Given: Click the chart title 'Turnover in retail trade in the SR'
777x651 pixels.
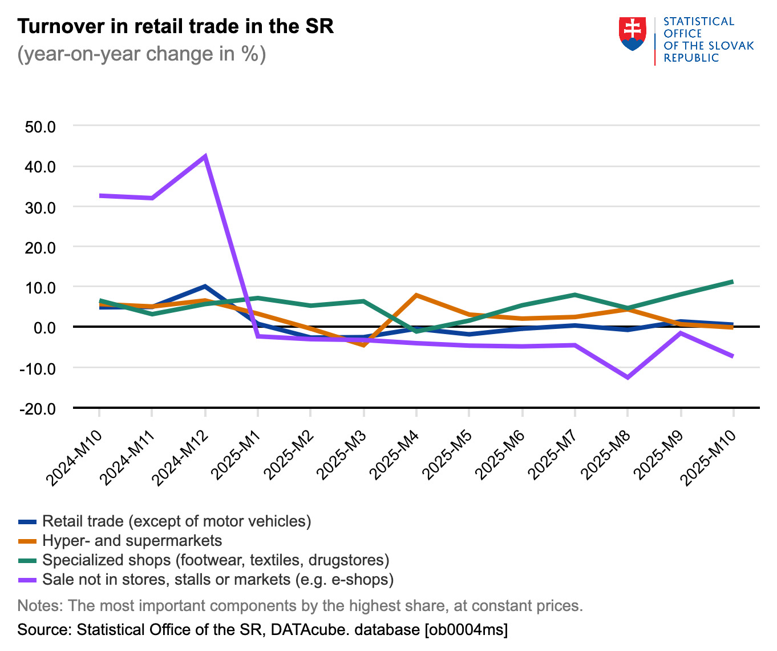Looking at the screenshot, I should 175,26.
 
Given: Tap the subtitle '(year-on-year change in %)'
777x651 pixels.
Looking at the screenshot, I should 141,54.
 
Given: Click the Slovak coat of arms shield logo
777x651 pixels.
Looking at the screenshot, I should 632,34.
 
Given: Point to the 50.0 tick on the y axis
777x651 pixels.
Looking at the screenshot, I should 40,126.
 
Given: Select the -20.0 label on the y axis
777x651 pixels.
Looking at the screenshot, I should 37,409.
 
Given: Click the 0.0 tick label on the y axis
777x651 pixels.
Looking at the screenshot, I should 44,328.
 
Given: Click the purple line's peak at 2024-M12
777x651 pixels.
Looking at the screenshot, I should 205,156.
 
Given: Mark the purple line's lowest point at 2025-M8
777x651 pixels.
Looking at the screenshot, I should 628,377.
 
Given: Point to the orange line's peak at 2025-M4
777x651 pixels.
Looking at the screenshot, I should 416,295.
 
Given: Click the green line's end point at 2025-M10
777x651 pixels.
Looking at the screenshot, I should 733,282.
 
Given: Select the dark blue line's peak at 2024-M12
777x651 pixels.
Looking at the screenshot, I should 205,286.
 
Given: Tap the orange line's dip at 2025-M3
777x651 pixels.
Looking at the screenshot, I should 363,345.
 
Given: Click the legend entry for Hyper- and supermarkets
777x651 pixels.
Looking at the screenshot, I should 132,541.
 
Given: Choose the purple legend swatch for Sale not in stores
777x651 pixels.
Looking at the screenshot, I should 27,580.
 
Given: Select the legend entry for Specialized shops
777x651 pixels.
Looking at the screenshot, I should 216,560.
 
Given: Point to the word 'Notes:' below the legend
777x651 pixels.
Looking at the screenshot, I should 40,605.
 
